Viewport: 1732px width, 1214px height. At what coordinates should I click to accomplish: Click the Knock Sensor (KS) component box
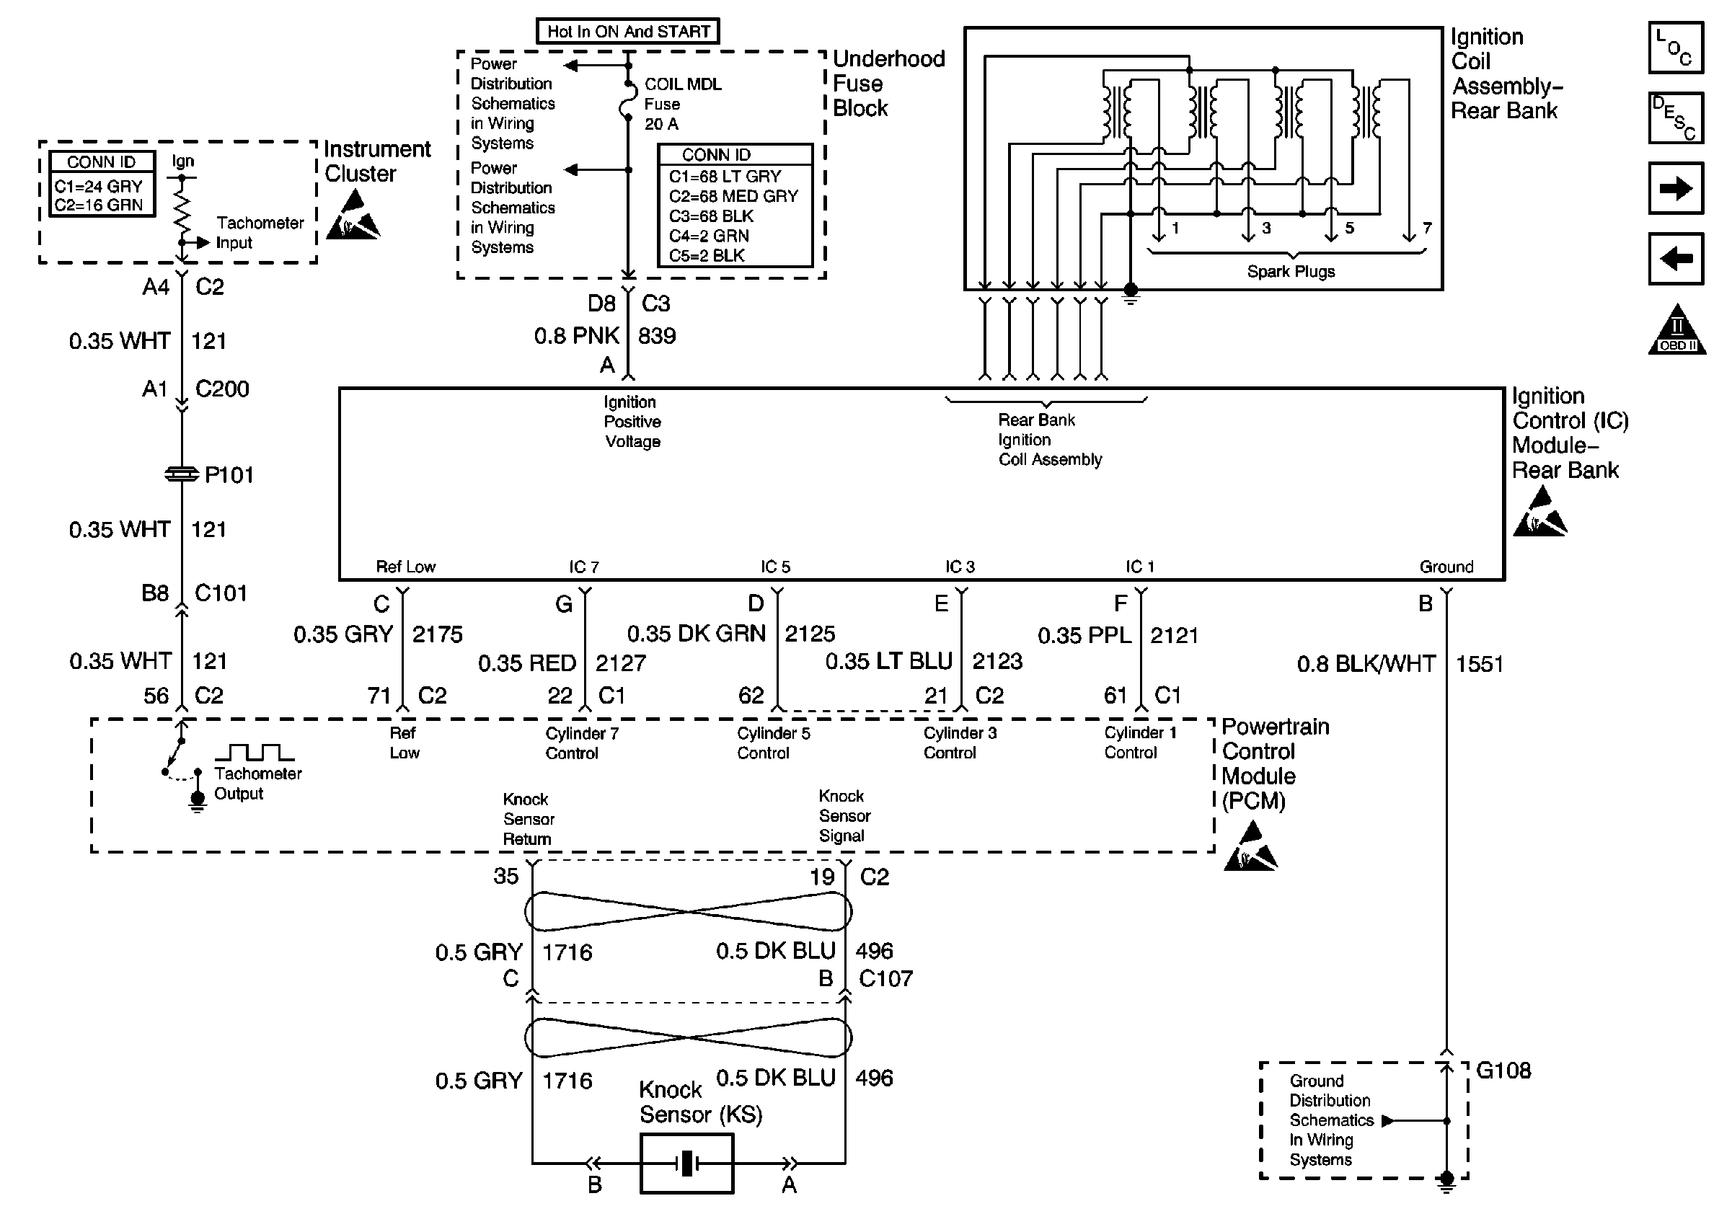pos(686,1164)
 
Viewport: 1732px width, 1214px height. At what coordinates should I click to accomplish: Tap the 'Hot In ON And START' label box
pos(627,32)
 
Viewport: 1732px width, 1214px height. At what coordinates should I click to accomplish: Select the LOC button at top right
pos(1676,48)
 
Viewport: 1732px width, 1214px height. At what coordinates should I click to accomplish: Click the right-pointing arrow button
pos(1676,188)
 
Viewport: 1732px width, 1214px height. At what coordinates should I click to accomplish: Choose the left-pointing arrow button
pos(1676,260)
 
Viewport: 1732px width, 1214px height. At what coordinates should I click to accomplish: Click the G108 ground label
pos(1503,1071)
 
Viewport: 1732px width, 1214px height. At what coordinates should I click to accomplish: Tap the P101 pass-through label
pos(229,475)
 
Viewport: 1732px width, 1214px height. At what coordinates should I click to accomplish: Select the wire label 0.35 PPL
pos(1084,636)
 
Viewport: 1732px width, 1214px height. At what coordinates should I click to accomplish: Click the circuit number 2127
pos(621,663)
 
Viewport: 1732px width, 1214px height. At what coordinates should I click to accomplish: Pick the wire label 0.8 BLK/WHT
pos(1366,664)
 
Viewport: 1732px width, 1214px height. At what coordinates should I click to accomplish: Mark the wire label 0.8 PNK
pos(576,336)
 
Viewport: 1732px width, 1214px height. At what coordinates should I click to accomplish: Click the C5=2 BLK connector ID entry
pos(707,256)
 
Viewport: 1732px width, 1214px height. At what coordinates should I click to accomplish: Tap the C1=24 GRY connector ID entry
pos(98,186)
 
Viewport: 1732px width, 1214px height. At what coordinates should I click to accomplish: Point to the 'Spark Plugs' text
pos(1291,272)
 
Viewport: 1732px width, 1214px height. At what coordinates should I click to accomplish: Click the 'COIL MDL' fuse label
pos(683,84)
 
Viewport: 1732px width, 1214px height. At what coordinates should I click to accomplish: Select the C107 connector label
pos(885,979)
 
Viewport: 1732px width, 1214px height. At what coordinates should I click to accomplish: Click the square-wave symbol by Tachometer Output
pos(255,753)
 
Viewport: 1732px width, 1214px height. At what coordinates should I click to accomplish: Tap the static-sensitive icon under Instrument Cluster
pos(353,216)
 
